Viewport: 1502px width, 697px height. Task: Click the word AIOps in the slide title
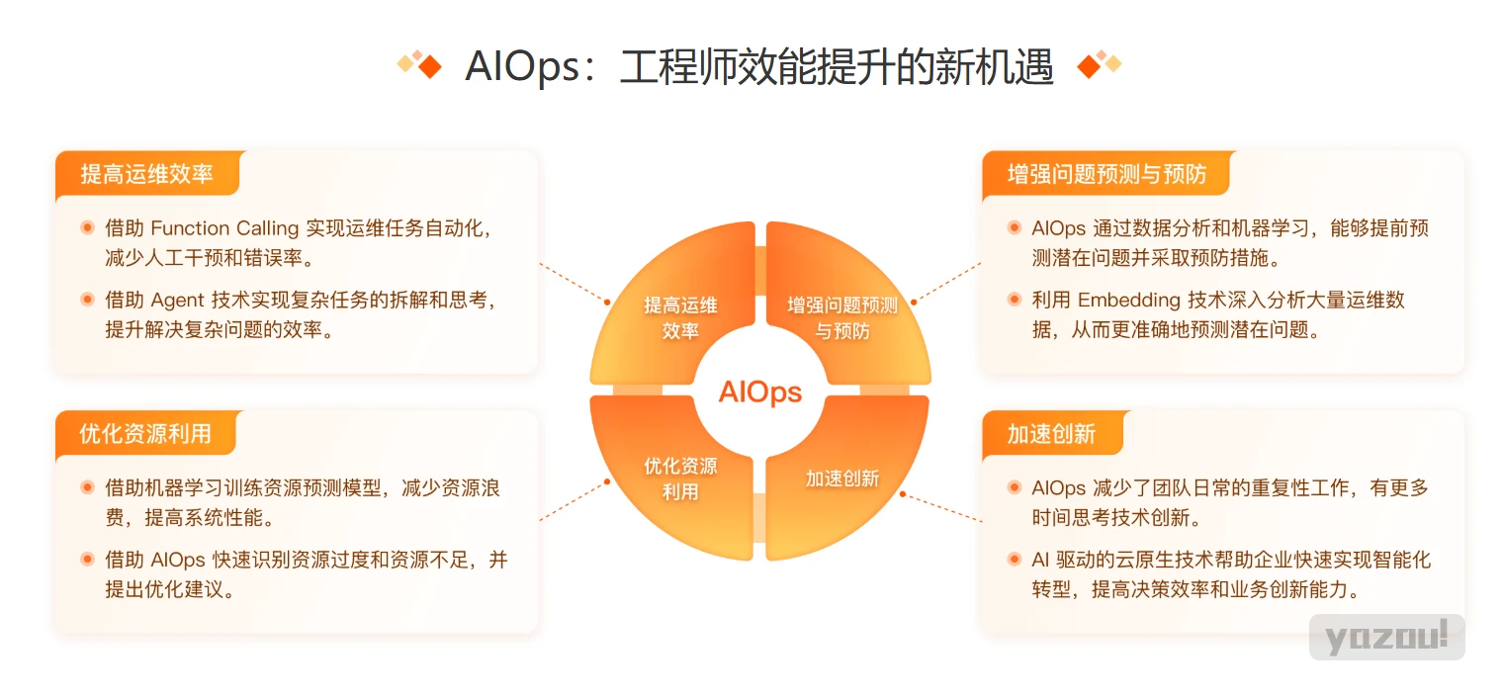[x=522, y=67]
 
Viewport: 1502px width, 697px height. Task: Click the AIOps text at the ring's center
[x=759, y=392]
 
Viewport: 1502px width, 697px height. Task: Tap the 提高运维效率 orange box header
[x=147, y=174]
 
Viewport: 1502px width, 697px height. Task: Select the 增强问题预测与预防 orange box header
[x=1106, y=174]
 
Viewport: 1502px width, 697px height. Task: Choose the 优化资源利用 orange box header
[x=145, y=434]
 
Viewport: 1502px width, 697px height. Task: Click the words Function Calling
[x=224, y=228]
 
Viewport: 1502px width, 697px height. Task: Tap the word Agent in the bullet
[x=178, y=301]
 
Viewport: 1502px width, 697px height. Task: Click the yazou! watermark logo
[x=1386, y=637]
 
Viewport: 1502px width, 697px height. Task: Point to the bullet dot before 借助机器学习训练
[x=87, y=487]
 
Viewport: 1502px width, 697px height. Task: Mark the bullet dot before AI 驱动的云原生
[x=1015, y=559]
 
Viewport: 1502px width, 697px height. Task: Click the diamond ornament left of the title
[x=420, y=64]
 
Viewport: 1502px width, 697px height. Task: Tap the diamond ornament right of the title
[x=1099, y=64]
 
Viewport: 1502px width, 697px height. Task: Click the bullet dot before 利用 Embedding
[x=1015, y=299]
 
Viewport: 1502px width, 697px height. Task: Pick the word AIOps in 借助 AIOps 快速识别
[x=178, y=560]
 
